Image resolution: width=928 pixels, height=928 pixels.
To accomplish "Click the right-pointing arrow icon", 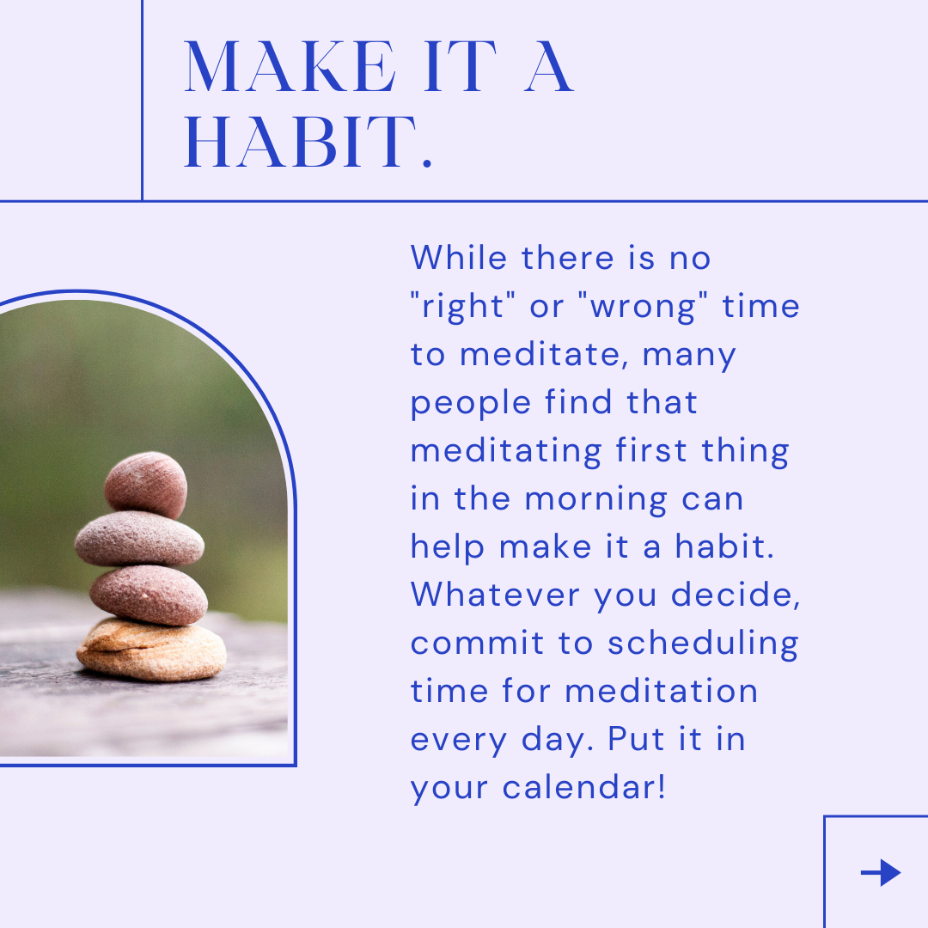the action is (x=881, y=872).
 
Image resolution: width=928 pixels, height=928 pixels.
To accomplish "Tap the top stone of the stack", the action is (x=146, y=485).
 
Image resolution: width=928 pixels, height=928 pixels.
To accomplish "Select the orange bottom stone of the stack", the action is (x=151, y=650).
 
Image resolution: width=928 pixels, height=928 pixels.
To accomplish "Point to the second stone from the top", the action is (x=140, y=539).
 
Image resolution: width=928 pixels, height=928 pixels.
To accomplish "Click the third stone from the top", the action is (x=149, y=595).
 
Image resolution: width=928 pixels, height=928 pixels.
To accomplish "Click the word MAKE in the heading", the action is (x=290, y=66).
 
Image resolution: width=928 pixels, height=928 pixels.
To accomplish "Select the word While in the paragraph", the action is (x=459, y=258).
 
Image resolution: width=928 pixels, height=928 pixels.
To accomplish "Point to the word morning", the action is (x=596, y=499).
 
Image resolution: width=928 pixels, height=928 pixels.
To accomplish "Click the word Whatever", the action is (x=495, y=595).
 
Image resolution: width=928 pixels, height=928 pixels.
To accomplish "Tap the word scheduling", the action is (x=703, y=644).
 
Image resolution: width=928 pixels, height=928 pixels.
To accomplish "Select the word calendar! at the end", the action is (x=584, y=787).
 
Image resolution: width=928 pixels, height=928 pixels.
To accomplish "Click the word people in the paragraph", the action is (x=471, y=404).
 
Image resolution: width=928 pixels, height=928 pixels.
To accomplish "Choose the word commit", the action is (x=477, y=643).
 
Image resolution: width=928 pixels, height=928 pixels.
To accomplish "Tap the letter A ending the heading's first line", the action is (x=549, y=66).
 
